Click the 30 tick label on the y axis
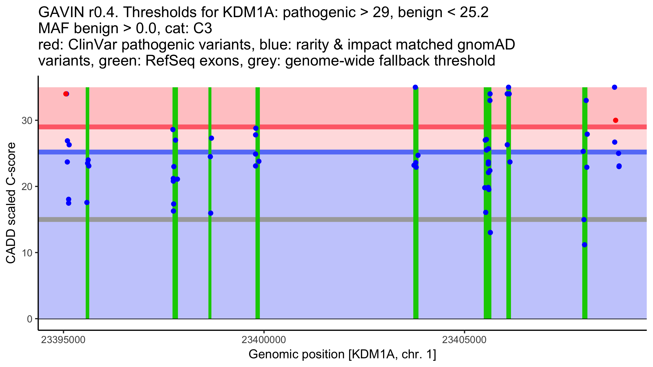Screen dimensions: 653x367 pos(27,120)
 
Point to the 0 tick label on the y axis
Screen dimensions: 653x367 pos(30,319)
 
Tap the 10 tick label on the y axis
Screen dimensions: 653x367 pos(27,253)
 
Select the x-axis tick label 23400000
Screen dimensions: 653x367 pos(264,340)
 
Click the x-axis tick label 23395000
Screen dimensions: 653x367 pos(63,340)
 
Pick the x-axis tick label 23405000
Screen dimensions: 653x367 pos(464,340)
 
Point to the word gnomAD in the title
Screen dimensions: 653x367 pos(486,45)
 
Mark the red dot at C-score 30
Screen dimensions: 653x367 pos(615,120)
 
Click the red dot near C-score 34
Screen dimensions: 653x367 pos(66,94)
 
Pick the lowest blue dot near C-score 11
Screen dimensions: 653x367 pos(584,245)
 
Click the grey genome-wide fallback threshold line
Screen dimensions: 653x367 pos(343,219)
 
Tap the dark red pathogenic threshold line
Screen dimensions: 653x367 pos(343,127)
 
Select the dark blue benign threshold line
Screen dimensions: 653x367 pos(343,152)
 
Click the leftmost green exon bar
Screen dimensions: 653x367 pos(87,203)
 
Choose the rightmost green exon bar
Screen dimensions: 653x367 pos(585,203)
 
